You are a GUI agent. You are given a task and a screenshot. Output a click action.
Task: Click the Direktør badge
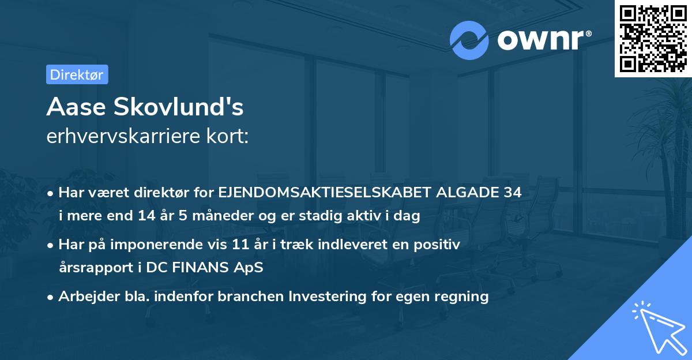[x=77, y=74]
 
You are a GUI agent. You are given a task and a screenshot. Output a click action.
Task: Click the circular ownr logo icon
[x=470, y=40]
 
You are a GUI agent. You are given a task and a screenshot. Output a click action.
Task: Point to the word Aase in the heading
[x=76, y=107]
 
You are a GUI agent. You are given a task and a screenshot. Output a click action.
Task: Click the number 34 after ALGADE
[x=512, y=193]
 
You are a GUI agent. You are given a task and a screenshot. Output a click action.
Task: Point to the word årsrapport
[x=92, y=268]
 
